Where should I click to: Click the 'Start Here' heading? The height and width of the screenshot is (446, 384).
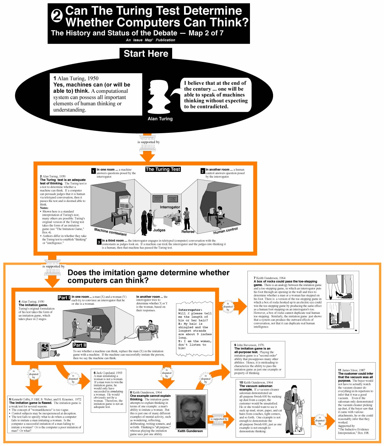tap(146, 53)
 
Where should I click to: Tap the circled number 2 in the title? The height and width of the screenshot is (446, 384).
tap(57, 16)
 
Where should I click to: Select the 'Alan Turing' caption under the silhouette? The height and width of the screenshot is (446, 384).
tap(160, 119)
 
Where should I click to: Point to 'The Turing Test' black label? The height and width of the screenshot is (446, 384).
tap(163, 169)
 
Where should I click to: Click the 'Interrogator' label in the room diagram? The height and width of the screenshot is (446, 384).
tap(170, 207)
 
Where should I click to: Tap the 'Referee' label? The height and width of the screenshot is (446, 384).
tap(188, 232)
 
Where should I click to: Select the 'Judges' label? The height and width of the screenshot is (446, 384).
tap(159, 230)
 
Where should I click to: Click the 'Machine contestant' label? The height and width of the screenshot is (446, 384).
tap(110, 232)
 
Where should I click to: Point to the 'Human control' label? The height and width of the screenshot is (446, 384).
tap(225, 231)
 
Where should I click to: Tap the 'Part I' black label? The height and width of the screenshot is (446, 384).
tap(64, 298)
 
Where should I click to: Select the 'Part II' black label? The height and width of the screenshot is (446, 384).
tap(79, 345)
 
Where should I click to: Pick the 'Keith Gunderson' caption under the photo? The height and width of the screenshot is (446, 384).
tap(190, 431)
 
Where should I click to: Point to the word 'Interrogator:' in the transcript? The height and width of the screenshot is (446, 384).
tap(190, 310)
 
